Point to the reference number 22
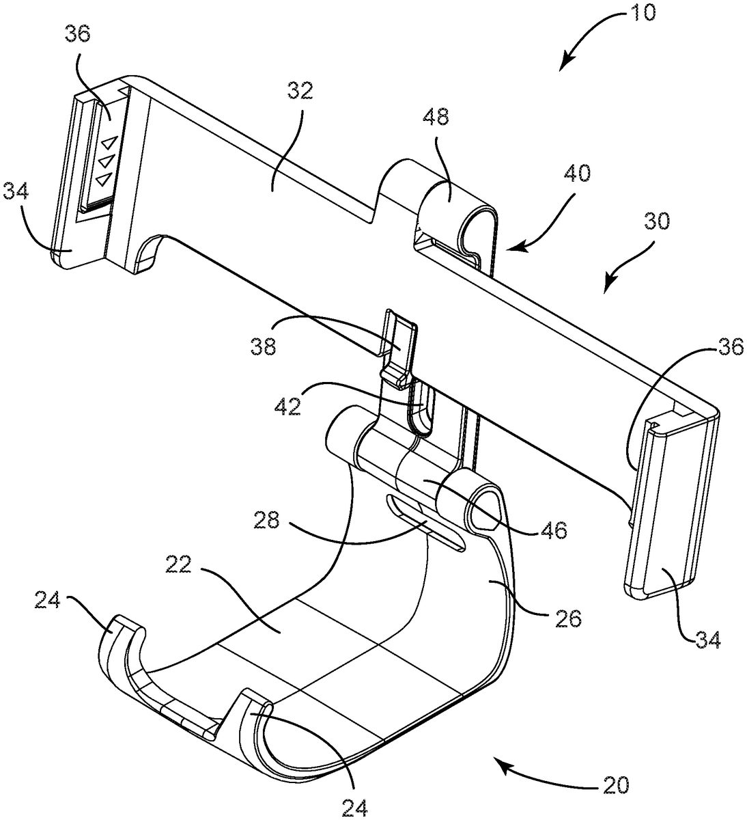180,566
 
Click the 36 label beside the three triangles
79,35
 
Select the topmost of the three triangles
107,145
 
